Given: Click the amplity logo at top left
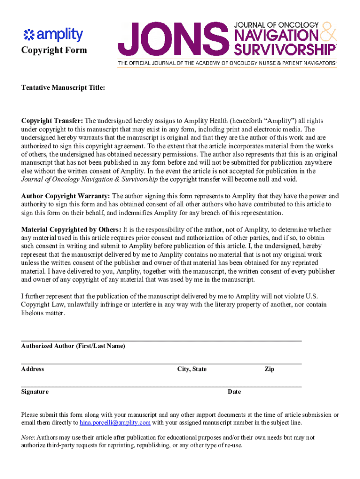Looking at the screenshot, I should pos(53,35).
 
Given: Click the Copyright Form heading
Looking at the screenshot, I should pos(54,50).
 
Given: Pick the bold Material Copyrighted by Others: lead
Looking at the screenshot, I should pos(72,230).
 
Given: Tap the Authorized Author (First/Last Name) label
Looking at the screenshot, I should pos(73,346).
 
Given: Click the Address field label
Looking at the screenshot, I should pos(33,369).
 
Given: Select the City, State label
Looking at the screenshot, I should pos(192,369).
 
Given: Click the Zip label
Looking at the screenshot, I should pos(269,369).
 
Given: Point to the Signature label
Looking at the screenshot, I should pos(35,392).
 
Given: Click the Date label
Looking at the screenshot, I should pos(234,392).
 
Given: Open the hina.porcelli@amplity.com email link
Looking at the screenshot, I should pos(115,422).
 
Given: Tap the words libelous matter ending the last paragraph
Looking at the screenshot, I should pos(42,313).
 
